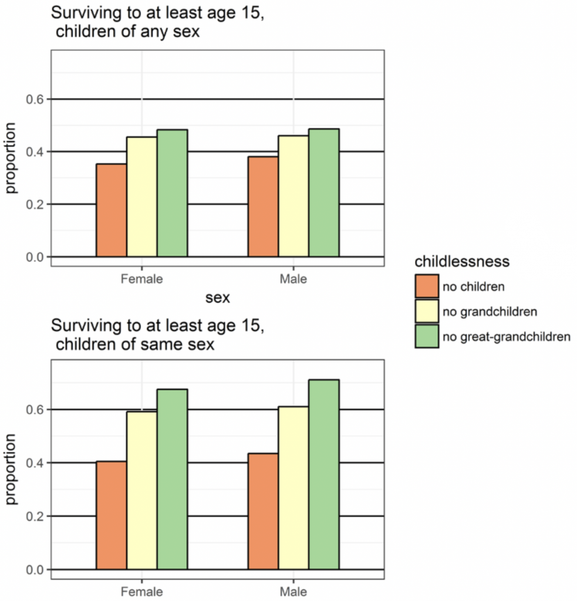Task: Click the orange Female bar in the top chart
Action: pos(112,210)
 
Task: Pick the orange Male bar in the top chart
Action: pos(263,207)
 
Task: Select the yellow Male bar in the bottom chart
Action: pos(293,488)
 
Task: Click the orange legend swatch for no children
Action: pos(427,286)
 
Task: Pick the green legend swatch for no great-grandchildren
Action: pos(427,336)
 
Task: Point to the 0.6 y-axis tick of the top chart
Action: pos(35,99)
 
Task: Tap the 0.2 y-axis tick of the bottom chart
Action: pos(35,516)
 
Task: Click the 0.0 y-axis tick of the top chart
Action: pos(35,257)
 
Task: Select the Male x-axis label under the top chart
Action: pos(293,279)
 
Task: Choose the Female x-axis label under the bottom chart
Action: pos(141,591)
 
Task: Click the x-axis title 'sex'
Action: pos(218,298)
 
